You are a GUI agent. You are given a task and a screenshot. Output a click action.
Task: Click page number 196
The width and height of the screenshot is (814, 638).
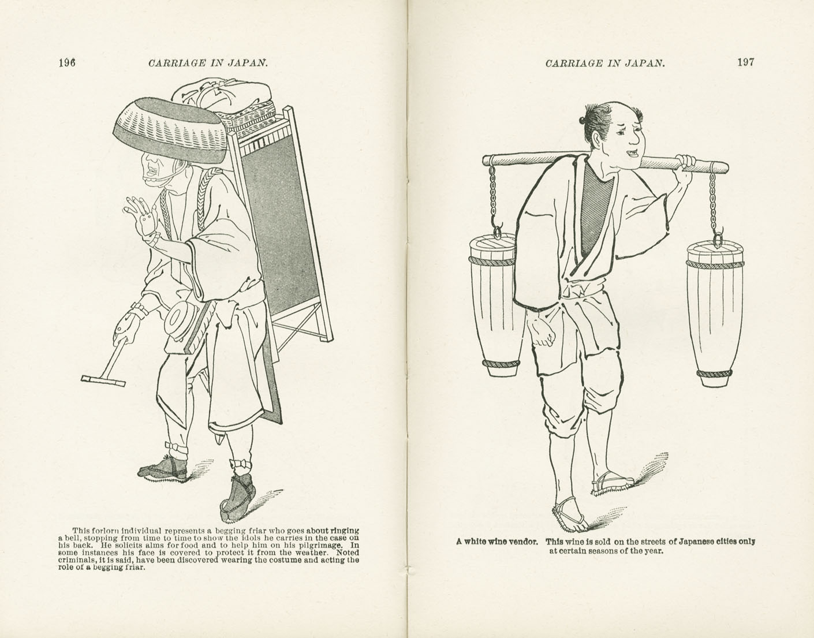pos(68,63)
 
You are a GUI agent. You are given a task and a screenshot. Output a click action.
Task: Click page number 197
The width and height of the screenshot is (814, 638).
pos(745,62)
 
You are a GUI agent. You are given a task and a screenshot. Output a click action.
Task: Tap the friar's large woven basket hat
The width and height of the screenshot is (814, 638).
pos(167,130)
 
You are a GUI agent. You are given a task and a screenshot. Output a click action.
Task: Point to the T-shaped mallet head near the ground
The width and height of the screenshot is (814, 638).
pos(103,380)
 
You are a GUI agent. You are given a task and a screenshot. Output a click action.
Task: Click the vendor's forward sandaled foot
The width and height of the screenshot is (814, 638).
pos(569,516)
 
